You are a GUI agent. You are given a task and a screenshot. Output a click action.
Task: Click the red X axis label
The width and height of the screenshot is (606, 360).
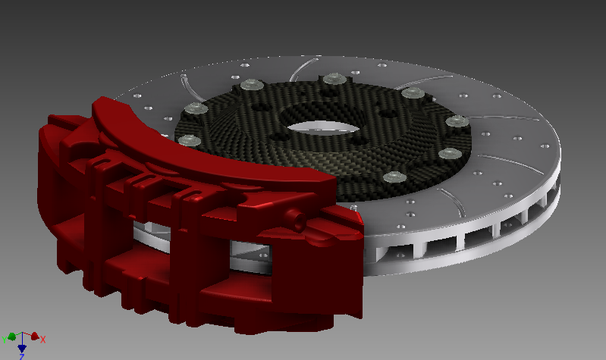click(43, 340)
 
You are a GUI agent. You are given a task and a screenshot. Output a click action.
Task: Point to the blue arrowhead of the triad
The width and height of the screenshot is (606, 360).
click(22, 347)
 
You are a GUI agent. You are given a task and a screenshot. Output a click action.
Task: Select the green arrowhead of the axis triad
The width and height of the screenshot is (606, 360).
click(11, 336)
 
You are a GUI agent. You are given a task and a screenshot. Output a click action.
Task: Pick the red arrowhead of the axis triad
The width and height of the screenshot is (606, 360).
click(34, 336)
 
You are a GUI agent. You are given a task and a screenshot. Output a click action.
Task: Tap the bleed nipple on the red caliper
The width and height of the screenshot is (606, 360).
click(297, 221)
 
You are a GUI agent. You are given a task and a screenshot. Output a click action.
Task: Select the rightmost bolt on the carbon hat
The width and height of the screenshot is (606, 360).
click(454, 121)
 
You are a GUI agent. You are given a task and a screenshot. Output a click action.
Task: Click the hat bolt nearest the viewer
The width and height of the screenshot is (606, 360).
click(391, 177)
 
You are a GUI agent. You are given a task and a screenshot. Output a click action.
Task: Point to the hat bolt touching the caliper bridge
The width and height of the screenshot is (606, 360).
click(186, 139)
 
